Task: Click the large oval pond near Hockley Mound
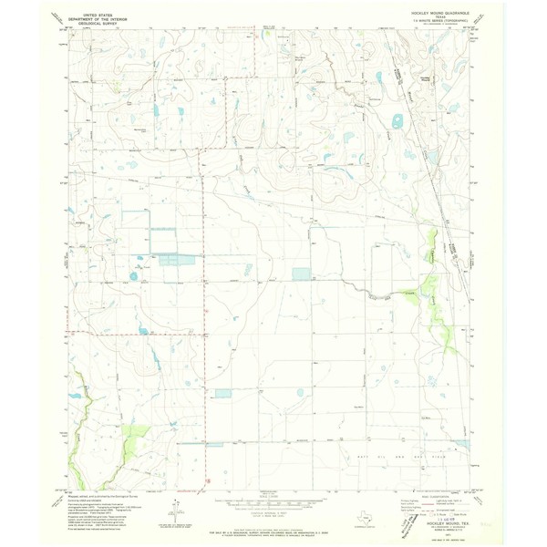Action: tap(398, 121)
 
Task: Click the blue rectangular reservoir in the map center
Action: tap(301, 273)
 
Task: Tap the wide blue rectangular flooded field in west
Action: tap(179, 260)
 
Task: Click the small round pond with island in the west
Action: tap(134, 275)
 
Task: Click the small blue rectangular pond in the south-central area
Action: tap(223, 394)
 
